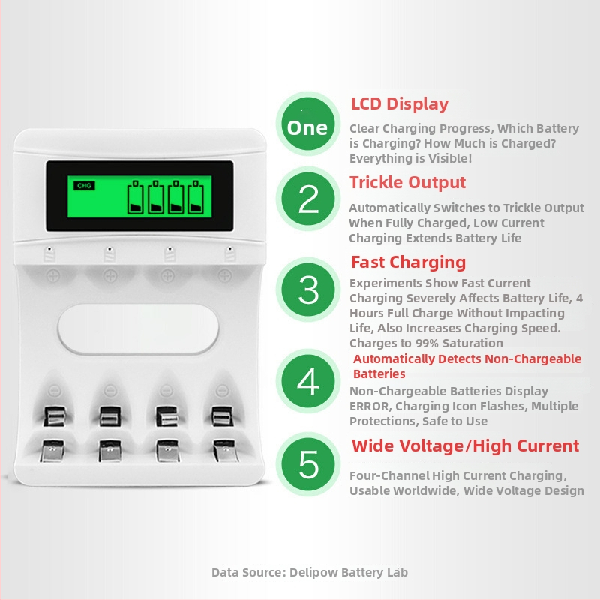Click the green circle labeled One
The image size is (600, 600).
click(x=307, y=124)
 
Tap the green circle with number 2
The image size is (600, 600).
click(x=307, y=199)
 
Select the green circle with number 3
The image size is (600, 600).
click(x=307, y=289)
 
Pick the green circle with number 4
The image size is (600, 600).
click(x=307, y=381)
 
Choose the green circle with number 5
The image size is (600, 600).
click(x=307, y=464)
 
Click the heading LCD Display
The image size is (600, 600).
click(x=400, y=104)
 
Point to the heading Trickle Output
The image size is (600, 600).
click(x=407, y=182)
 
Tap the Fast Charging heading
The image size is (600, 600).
click(x=408, y=262)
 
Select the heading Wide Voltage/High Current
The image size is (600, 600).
click(x=465, y=445)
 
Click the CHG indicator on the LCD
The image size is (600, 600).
click(x=84, y=186)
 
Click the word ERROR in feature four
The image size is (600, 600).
click(x=369, y=406)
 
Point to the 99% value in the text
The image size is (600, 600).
click(x=427, y=343)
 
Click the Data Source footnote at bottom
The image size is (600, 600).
click(x=310, y=572)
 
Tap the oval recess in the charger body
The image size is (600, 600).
click(x=138, y=328)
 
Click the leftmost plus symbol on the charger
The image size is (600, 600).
click(x=53, y=275)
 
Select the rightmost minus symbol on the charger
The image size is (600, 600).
click(x=223, y=391)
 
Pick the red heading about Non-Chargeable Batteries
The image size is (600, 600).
click(x=466, y=366)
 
